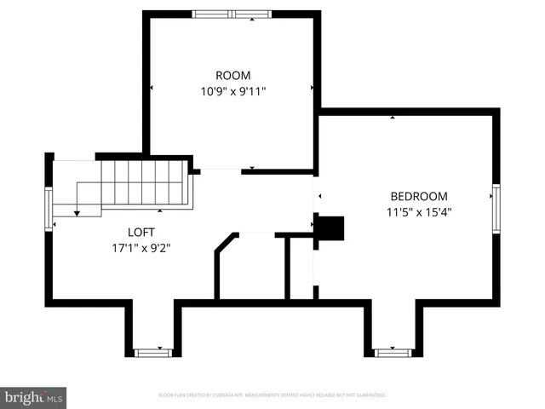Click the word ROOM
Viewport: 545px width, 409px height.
point(232,75)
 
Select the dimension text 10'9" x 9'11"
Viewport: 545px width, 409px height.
point(232,89)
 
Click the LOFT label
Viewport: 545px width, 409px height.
point(141,232)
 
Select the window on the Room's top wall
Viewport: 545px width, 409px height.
point(232,14)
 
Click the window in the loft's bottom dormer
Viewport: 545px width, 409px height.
point(153,351)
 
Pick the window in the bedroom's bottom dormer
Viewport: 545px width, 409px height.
point(393,351)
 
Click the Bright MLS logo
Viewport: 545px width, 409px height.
point(33,397)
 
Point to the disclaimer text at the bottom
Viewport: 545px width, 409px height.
point(272,395)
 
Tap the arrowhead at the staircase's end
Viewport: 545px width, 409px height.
point(77,212)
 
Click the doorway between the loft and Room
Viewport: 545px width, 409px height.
point(221,170)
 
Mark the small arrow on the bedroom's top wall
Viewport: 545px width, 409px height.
point(393,118)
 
